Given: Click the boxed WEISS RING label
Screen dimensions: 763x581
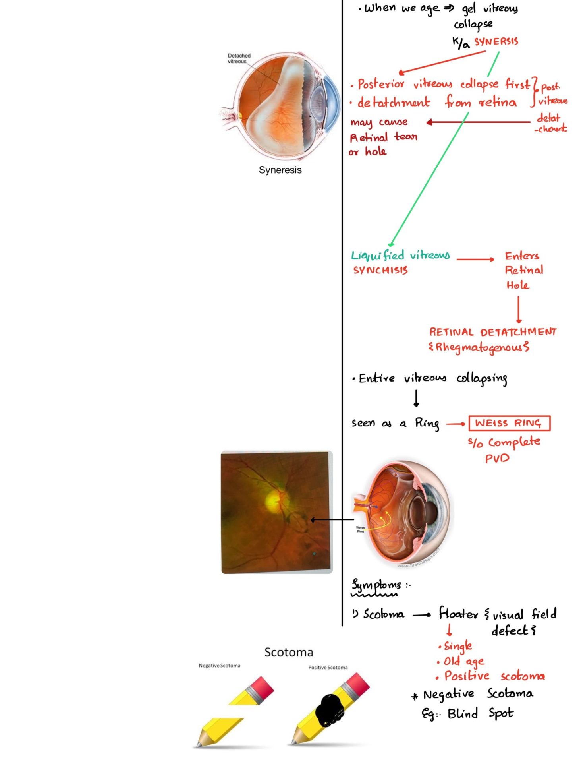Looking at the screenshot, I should [x=509, y=423].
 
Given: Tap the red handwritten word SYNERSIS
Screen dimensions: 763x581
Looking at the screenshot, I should [x=496, y=42].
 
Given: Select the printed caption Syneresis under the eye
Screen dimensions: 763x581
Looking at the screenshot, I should [x=280, y=170].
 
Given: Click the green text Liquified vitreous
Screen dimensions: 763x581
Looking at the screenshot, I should [x=400, y=256].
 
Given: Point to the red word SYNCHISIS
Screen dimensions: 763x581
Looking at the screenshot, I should [x=380, y=271].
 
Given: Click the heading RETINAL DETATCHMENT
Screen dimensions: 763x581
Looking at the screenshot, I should [x=493, y=332].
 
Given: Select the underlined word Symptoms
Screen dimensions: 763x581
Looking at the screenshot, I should [x=376, y=585].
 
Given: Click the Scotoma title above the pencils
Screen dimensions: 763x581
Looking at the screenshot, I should [x=289, y=652].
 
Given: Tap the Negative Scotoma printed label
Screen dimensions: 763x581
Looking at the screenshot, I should [x=219, y=666].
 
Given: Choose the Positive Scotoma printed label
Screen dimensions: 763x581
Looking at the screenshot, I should [x=328, y=668].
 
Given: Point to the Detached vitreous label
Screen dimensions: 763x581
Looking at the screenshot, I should [x=239, y=58].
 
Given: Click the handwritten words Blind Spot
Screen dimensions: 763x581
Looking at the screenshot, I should [x=480, y=714].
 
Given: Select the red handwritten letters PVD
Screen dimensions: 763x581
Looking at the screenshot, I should [x=497, y=459].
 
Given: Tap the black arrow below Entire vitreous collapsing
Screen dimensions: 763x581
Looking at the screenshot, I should [x=416, y=398].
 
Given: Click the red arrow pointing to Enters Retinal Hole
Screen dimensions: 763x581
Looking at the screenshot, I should [x=475, y=259].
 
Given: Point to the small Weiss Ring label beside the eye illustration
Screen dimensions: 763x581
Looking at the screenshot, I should [x=360, y=529].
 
